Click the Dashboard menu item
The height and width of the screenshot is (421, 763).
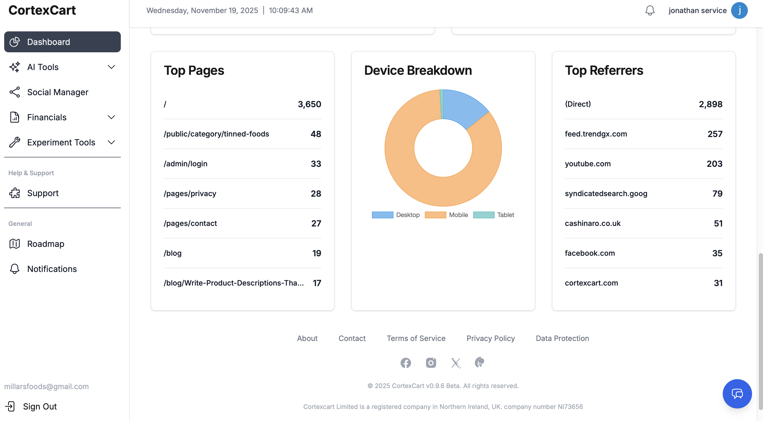(x=62, y=42)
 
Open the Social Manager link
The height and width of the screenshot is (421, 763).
(x=58, y=92)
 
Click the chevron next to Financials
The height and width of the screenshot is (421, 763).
(x=111, y=117)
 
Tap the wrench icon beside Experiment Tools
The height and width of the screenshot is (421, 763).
(x=15, y=142)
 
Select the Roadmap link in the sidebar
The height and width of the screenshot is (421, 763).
(x=45, y=244)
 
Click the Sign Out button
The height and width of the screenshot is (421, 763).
(x=40, y=406)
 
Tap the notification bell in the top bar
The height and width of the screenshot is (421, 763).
(x=650, y=10)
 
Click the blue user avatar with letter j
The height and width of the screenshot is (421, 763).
(x=739, y=10)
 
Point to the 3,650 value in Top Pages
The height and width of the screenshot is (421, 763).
(x=309, y=104)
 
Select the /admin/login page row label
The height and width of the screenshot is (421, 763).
(x=185, y=164)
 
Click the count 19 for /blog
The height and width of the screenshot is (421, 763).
(x=316, y=253)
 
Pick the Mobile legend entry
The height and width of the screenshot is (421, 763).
(x=446, y=215)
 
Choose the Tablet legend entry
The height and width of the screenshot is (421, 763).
(x=493, y=215)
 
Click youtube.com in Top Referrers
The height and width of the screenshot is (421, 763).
(x=588, y=164)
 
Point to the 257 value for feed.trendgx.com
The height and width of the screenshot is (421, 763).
(x=715, y=134)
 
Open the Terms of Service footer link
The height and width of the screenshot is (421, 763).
(x=416, y=338)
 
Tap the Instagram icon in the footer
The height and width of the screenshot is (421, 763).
(x=431, y=363)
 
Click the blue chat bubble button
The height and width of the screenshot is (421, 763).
(x=737, y=394)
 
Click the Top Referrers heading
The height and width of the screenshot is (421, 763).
(x=604, y=71)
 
